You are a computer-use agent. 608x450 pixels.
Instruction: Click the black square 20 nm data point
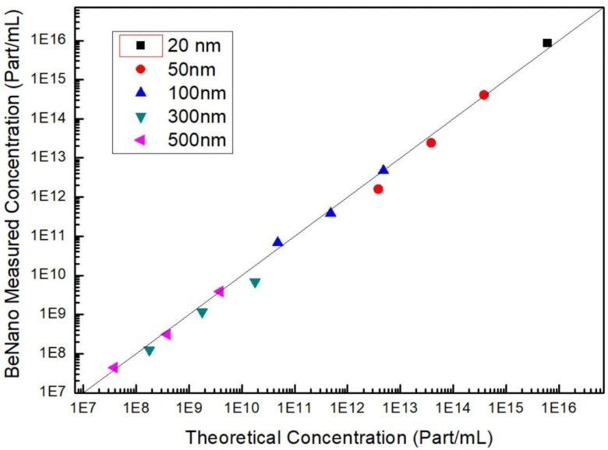coord(547,43)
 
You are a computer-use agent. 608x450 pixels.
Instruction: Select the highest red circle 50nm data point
coord(484,95)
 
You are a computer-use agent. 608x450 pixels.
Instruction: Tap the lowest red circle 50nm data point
coord(378,188)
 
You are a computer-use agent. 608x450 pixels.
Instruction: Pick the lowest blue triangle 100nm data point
coord(277,241)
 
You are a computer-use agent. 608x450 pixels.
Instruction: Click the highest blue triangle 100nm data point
coord(384,170)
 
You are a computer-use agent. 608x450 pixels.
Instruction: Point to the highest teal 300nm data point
coord(255,283)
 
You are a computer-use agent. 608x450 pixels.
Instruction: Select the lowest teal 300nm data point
coord(149,351)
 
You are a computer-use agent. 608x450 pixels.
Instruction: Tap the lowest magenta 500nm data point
coord(113,367)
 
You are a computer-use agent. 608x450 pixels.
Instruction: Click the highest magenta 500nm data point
coord(219,291)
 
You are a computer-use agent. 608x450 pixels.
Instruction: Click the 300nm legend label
coord(198,117)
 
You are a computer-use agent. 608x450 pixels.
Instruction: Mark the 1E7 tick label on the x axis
coord(83,406)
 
